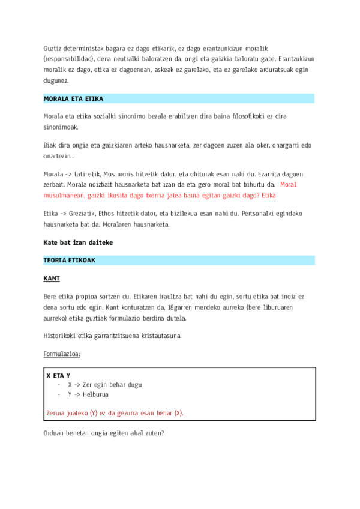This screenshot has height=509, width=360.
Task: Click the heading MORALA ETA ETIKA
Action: tap(69, 98)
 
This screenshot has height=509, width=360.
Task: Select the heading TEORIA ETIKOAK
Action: tap(70, 261)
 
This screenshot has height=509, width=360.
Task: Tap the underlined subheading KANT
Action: tap(52, 279)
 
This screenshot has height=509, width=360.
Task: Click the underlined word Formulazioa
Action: tap(61, 354)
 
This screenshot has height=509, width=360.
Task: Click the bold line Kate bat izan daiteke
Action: tap(78, 242)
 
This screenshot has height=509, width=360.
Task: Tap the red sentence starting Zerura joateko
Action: tap(115, 413)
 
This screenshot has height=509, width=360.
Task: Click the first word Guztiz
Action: tap(53, 48)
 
